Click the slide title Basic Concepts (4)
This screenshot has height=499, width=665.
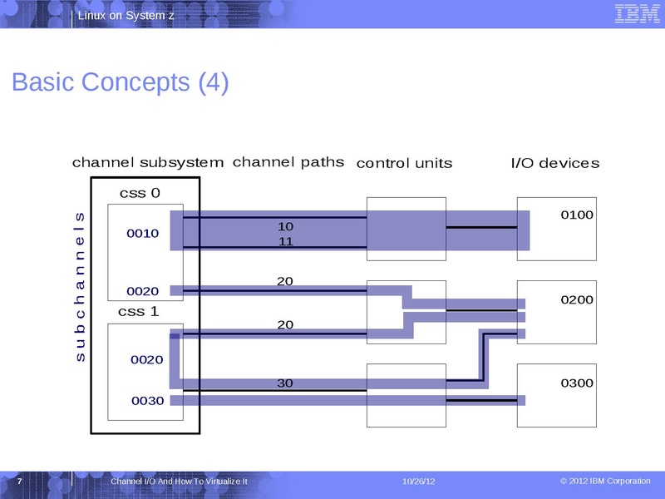(121, 83)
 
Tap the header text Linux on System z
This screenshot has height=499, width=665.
(126, 17)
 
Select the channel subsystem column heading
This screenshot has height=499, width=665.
(148, 163)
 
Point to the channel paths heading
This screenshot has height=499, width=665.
(288, 162)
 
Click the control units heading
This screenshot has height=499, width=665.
(404, 163)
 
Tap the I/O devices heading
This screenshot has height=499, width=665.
(554, 163)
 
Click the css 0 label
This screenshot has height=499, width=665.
(140, 194)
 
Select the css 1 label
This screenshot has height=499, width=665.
(138, 312)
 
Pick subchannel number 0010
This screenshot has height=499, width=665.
(142, 234)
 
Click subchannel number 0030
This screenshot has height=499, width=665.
(147, 401)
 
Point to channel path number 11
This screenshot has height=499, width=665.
(285, 242)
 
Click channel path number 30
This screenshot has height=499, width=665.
(285, 383)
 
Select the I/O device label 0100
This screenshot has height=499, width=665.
(577, 215)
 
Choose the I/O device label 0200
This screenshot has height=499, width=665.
(577, 299)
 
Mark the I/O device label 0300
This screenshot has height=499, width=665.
(577, 383)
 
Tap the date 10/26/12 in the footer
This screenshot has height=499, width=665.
(419, 482)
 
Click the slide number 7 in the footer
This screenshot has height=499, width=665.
(19, 482)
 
